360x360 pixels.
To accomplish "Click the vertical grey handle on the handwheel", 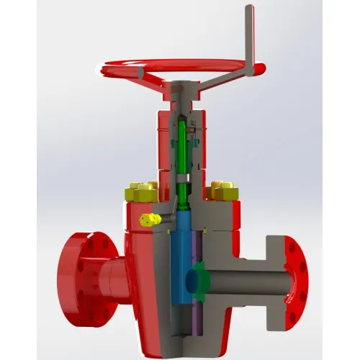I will point(250,36).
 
